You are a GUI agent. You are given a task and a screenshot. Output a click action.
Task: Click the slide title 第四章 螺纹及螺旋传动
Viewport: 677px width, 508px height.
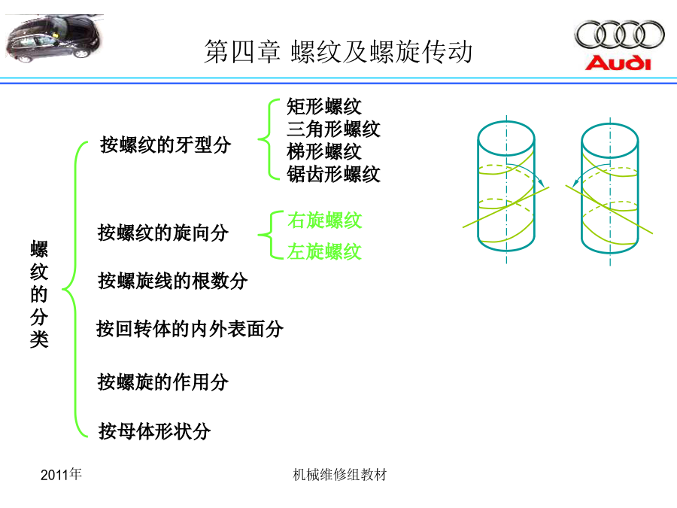pyautogui.click(x=338, y=52)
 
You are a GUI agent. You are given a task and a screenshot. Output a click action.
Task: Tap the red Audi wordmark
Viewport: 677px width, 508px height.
pyautogui.click(x=618, y=63)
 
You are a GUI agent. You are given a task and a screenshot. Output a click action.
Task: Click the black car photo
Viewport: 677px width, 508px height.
pyautogui.click(x=55, y=38)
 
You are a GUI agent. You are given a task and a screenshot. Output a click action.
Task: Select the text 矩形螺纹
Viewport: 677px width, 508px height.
pyautogui.click(x=323, y=106)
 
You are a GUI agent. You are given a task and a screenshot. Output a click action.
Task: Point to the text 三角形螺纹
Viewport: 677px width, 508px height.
pyautogui.click(x=333, y=129)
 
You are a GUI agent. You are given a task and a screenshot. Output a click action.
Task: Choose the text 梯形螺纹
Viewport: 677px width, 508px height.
pyautogui.click(x=323, y=151)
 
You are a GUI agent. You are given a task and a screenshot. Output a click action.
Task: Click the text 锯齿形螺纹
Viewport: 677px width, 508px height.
pyautogui.click(x=333, y=175)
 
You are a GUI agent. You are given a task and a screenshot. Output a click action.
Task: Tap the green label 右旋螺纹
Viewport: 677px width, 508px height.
pyautogui.click(x=325, y=221)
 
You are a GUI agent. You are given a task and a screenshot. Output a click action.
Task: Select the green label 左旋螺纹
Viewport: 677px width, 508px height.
pyautogui.click(x=324, y=251)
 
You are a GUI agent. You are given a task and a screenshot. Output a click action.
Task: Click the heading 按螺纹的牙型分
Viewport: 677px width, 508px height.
pyautogui.click(x=165, y=144)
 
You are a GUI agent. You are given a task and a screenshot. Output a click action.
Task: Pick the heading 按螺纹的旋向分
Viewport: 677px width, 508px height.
pyautogui.click(x=163, y=233)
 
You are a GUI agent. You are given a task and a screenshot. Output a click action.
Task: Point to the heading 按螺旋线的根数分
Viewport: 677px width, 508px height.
pyautogui.click(x=173, y=281)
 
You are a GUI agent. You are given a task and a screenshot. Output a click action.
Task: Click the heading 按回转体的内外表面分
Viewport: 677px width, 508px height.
pyautogui.click(x=190, y=329)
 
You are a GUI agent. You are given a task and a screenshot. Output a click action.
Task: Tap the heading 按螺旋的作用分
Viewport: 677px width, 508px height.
pyautogui.click(x=162, y=382)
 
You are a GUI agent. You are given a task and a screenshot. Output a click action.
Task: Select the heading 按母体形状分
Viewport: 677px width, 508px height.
pyautogui.click(x=154, y=430)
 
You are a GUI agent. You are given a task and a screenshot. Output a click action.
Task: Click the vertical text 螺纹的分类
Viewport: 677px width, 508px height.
pyautogui.click(x=39, y=294)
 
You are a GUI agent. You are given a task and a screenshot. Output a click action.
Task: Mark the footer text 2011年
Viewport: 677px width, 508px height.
pyautogui.click(x=61, y=474)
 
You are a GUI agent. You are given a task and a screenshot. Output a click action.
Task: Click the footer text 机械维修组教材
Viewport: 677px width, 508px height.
pyautogui.click(x=339, y=475)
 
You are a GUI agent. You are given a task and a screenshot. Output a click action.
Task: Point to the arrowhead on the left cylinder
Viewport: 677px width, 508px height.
pyautogui.click(x=542, y=183)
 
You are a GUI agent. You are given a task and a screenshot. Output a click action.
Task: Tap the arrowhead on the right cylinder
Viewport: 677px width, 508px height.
pyautogui.click(x=575, y=183)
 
